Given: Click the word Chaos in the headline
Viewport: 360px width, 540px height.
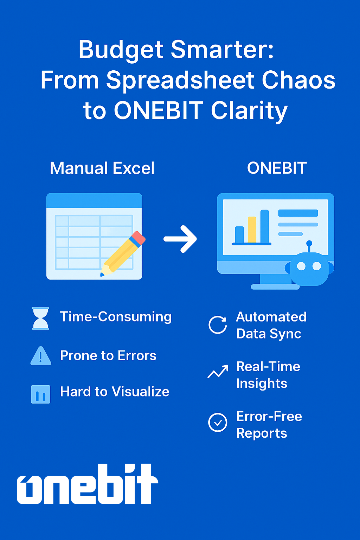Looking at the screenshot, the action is click(298, 80).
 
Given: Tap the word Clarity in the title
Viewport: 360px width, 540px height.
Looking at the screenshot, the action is click(249, 111).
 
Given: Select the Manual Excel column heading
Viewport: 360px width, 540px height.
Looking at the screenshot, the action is click(102, 168).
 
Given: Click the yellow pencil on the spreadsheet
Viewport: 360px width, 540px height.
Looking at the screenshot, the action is click(123, 253).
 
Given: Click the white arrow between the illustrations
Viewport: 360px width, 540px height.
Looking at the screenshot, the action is click(180, 239).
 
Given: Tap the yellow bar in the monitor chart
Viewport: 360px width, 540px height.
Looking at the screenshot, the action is click(252, 230).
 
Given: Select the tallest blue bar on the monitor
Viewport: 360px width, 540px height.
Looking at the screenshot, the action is click(264, 226).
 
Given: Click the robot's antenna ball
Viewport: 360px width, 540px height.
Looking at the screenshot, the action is click(309, 243).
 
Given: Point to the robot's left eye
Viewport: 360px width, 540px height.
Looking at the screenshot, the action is click(301, 266).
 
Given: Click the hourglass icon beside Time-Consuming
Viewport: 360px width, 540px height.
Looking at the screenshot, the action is click(40, 318).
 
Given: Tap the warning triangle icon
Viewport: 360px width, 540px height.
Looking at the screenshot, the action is click(41, 356).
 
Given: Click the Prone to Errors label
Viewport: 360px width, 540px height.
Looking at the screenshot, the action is click(108, 355).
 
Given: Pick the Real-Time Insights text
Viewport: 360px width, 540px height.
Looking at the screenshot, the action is click(268, 375).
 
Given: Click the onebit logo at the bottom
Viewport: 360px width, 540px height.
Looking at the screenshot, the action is click(88, 484).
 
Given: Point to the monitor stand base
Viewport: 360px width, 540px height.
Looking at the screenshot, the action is click(275, 287).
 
